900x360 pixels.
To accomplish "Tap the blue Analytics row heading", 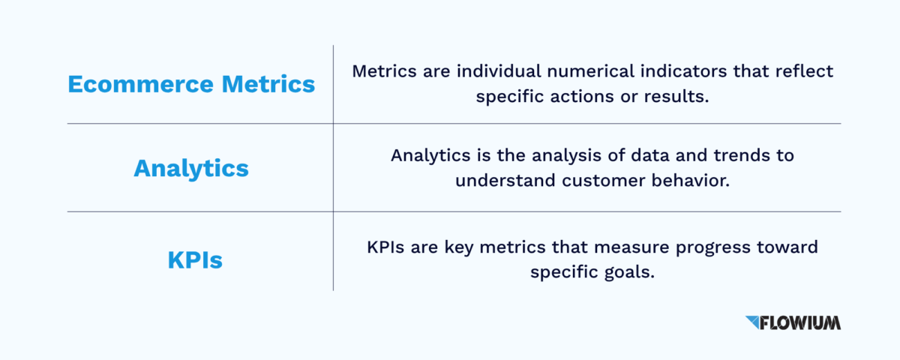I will [x=190, y=168].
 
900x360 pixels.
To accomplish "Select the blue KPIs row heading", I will [x=195, y=261].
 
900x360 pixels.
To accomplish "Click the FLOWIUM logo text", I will [x=800, y=323].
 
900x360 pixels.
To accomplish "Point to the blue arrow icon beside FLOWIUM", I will [x=752, y=322].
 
